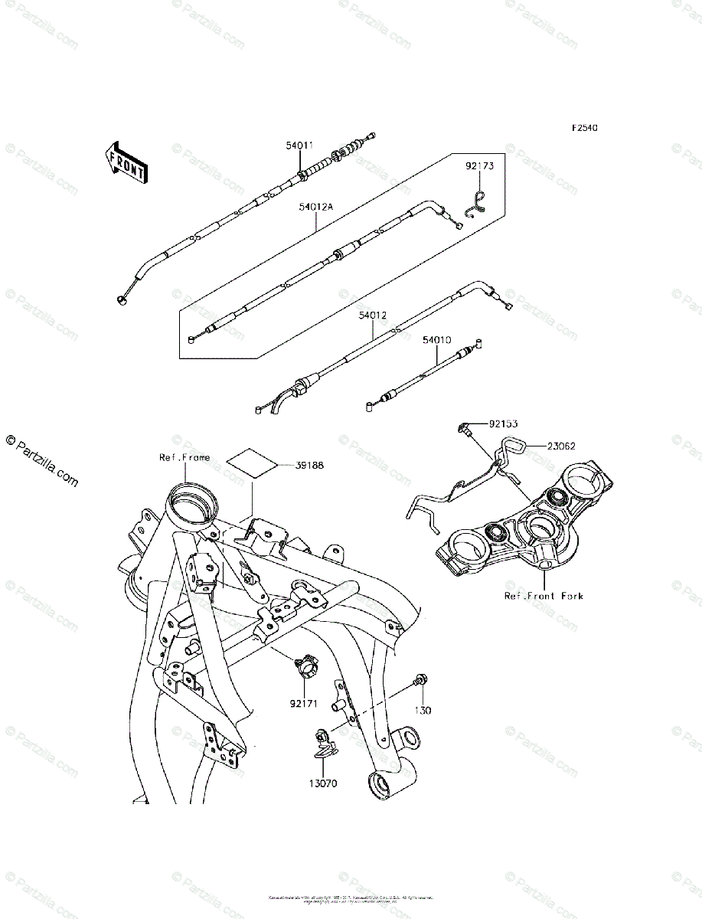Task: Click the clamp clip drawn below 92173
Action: pos(476,202)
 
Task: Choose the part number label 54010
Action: pos(437,338)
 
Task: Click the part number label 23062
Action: pos(560,444)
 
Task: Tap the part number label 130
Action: pos(423,711)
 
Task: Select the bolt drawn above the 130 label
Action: pos(420,679)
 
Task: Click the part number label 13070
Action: pos(322,783)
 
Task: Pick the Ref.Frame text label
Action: pos(184,458)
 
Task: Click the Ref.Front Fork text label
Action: pos(544,595)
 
